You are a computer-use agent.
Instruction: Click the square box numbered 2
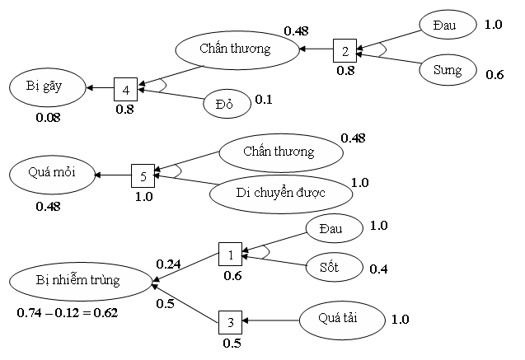[345, 50]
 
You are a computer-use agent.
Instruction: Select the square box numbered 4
[125, 88]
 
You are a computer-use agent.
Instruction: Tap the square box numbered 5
[143, 175]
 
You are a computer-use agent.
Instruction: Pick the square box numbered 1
[231, 255]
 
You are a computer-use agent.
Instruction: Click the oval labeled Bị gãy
[48, 86]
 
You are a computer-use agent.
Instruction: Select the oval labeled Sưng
[448, 71]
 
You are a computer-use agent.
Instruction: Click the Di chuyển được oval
[279, 193]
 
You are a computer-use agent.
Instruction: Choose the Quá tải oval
[342, 318]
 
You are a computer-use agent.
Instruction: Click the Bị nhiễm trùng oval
[79, 281]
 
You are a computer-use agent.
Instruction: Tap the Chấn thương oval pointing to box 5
[280, 152]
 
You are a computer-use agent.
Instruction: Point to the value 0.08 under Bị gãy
[48, 117]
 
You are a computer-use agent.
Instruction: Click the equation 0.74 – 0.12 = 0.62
[67, 312]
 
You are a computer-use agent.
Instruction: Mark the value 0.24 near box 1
[168, 264]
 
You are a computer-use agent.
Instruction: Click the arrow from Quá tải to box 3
[272, 320]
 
